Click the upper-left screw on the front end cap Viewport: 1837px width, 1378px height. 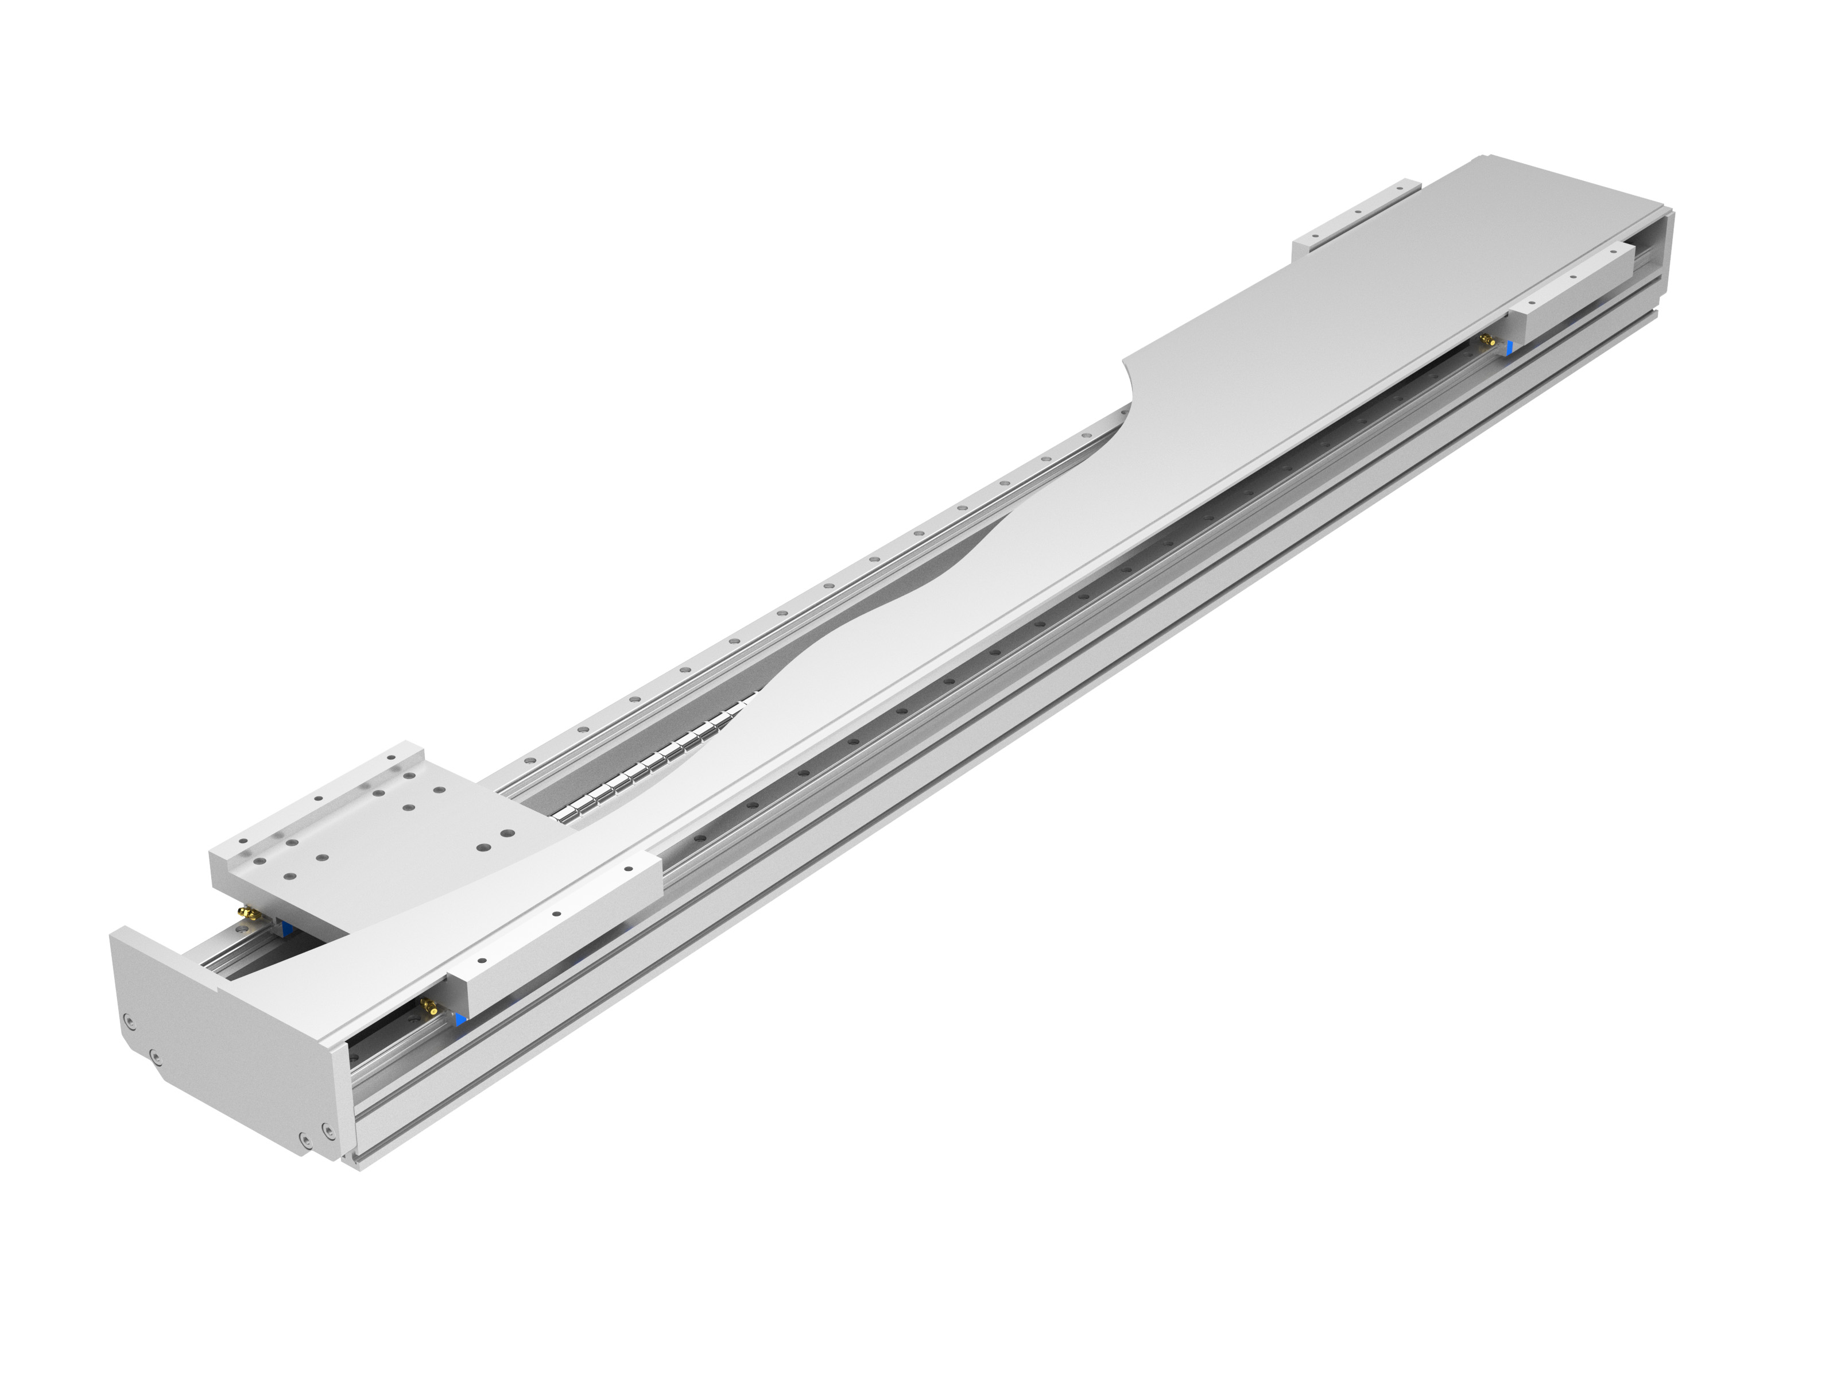[x=127, y=1020]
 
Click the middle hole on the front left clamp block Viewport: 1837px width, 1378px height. [x=556, y=913]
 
